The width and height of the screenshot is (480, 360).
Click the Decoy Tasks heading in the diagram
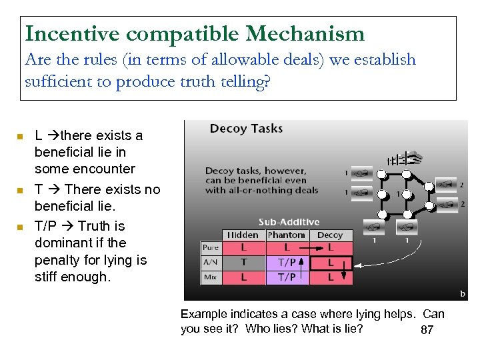click(246, 129)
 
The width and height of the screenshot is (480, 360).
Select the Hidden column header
click(243, 235)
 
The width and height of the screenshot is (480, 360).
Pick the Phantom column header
click(286, 235)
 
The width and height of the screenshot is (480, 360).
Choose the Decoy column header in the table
click(330, 235)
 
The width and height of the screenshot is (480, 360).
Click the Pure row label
click(211, 248)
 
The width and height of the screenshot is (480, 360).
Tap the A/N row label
click(211, 263)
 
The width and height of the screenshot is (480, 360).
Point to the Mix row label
click(210, 277)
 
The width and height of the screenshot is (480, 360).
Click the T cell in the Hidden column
click(243, 263)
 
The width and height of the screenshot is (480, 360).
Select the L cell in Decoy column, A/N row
click(330, 263)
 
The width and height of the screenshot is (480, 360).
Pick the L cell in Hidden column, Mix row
click(243, 277)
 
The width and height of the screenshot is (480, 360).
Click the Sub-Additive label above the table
click(289, 222)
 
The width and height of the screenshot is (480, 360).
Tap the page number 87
click(427, 330)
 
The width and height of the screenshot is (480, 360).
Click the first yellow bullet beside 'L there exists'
click(21, 136)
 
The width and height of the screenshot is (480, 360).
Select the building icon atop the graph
click(405, 157)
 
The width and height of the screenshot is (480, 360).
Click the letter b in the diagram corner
click(463, 293)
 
